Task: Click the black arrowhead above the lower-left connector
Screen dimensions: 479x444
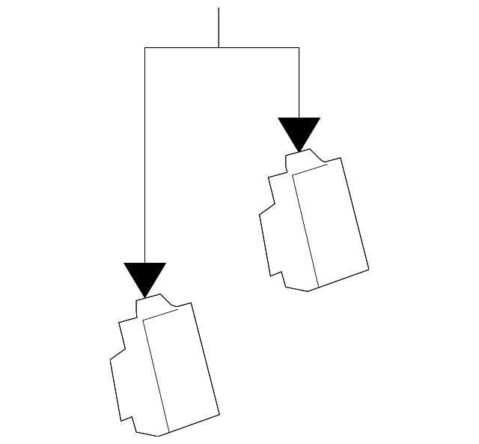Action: tap(144, 276)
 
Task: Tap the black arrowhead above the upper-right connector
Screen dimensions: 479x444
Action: tap(299, 130)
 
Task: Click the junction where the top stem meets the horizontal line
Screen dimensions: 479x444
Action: tap(219, 48)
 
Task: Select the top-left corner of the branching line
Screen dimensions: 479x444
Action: tap(144, 48)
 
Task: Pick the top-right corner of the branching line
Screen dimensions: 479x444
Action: tap(299, 48)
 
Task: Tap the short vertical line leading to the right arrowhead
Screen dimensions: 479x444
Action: tap(299, 82)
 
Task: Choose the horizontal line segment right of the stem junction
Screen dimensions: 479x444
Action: tap(259, 48)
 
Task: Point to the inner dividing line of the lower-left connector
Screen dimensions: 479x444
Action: tap(156, 374)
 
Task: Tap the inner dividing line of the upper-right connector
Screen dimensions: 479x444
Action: tap(305, 229)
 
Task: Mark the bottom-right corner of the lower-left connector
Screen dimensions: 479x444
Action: tap(219, 414)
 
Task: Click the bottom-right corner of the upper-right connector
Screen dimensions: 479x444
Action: tap(369, 269)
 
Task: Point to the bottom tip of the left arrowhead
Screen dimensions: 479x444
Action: tap(144, 296)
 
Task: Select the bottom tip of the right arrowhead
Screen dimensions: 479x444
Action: tap(299, 151)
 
